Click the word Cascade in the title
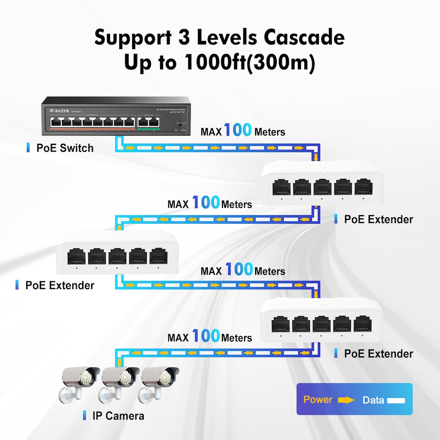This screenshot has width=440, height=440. pyautogui.click(x=304, y=37)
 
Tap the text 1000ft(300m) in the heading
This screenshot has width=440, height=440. pyautogui.click(x=249, y=62)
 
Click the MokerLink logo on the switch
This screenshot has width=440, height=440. pyautogui.click(x=59, y=111)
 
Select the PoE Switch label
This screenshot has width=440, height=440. pyautogui.click(x=65, y=148)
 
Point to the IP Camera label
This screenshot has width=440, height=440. pyautogui.click(x=118, y=416)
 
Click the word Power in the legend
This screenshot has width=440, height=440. pyautogui.click(x=318, y=400)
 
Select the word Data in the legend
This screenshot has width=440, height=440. pyautogui.click(x=373, y=400)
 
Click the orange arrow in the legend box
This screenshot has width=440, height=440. pyautogui.click(x=346, y=400)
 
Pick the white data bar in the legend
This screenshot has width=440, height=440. pyautogui.click(x=396, y=401)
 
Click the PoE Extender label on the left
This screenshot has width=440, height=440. pyautogui.click(x=60, y=285)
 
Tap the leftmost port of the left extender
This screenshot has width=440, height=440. pyautogui.click(x=77, y=256)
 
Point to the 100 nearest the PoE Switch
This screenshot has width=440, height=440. pyautogui.click(x=238, y=130)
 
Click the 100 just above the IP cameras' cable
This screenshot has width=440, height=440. pyautogui.click(x=206, y=336)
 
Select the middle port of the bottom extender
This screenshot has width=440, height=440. pyautogui.click(x=322, y=324)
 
